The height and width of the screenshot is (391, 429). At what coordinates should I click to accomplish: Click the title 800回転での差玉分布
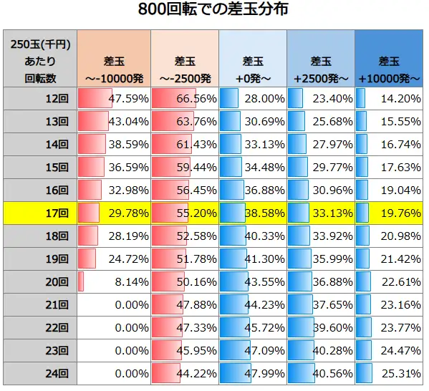214,12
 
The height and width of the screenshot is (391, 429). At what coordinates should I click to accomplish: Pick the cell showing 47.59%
112,98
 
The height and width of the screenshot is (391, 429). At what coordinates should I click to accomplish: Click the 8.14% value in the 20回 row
112,281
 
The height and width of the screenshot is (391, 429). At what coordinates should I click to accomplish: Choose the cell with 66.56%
183,98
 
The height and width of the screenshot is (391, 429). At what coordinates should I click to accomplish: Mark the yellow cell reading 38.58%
252,213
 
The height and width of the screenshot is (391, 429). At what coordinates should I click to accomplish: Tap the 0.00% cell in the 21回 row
112,304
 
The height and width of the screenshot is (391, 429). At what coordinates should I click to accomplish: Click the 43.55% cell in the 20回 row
252,281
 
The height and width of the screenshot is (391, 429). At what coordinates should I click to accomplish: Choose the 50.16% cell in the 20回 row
183,281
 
